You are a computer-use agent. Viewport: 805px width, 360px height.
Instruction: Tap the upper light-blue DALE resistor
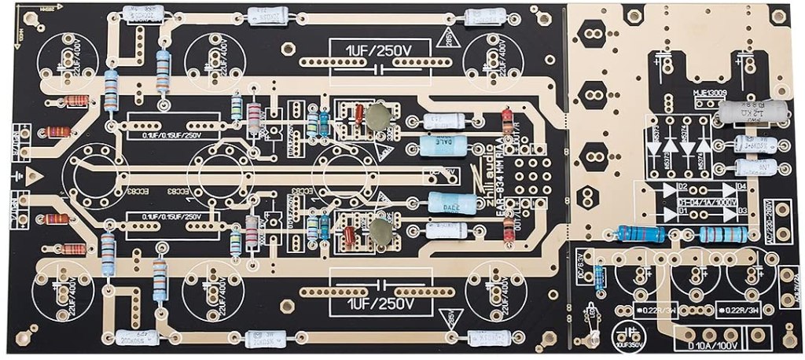point(445,146)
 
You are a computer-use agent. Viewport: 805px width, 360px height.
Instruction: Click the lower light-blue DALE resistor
point(451,203)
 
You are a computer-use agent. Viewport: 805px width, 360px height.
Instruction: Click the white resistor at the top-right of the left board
point(486,17)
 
